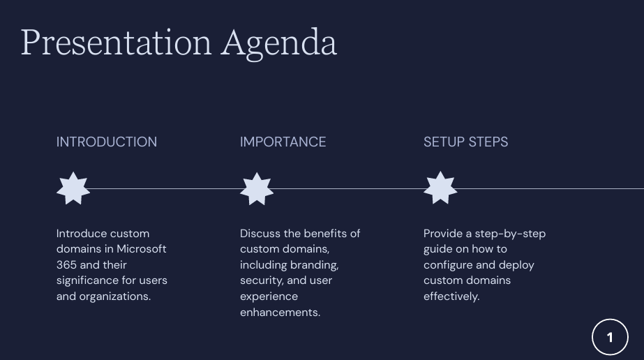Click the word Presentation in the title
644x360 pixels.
point(117,43)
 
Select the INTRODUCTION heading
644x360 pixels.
point(106,142)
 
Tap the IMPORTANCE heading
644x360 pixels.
point(283,142)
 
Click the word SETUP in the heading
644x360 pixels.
point(444,142)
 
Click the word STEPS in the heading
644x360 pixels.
point(488,142)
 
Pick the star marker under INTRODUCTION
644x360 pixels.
point(73,188)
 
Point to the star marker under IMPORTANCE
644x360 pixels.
point(257,188)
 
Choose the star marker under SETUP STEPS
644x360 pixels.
point(440,188)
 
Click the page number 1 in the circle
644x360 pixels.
point(610,338)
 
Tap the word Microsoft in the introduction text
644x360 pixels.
point(141,249)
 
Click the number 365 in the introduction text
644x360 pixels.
point(66,264)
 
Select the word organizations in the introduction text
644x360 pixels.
point(115,297)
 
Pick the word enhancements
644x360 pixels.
point(280,313)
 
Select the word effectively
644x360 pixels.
point(451,297)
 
